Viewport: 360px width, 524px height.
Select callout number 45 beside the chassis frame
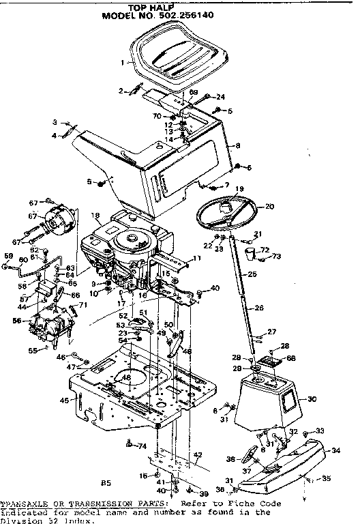64,401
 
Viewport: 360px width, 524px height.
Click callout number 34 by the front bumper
335,450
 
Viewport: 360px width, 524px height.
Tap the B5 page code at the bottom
106,483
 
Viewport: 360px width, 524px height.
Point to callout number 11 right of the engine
198,258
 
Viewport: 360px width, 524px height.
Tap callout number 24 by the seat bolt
220,97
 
